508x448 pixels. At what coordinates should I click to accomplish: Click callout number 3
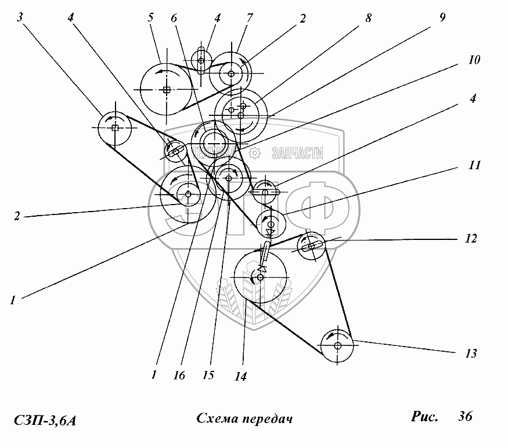click(x=21, y=17)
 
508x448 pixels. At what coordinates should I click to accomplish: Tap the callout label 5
click(x=150, y=17)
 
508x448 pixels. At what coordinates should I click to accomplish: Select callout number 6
click(x=174, y=17)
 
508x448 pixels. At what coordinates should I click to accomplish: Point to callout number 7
click(x=250, y=17)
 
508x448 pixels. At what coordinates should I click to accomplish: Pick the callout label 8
click(x=368, y=17)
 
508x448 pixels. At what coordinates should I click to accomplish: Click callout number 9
click(x=442, y=18)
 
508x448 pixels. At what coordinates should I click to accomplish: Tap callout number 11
click(x=475, y=165)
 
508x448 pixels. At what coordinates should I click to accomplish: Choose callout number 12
click(x=471, y=238)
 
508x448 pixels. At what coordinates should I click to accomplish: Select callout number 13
click(x=471, y=352)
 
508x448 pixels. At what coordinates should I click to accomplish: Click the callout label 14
click(x=240, y=377)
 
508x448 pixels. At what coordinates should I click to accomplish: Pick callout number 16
click(x=178, y=376)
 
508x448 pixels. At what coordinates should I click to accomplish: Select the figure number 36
click(x=464, y=416)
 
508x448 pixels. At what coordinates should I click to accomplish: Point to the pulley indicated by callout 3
click(x=115, y=128)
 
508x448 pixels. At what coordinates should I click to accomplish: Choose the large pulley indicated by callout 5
click(x=167, y=89)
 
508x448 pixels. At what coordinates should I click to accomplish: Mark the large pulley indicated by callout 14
click(x=260, y=278)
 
